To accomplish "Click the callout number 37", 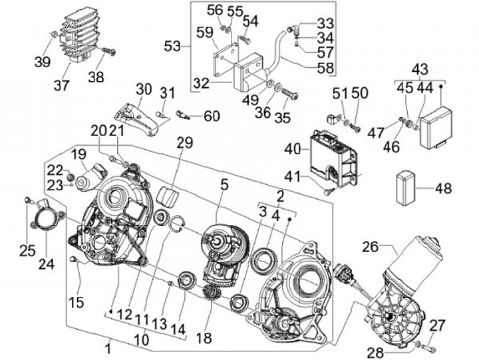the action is pyautogui.click(x=62, y=85).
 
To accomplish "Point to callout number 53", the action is pyautogui.click(x=172, y=47).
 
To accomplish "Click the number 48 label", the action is pyautogui.click(x=443, y=188).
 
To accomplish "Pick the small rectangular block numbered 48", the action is pyautogui.click(x=406, y=188).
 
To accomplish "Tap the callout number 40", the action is pyautogui.click(x=292, y=150).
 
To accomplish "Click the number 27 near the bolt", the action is pyautogui.click(x=437, y=325).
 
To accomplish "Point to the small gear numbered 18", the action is pyautogui.click(x=211, y=293).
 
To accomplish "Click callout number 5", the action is pyautogui.click(x=224, y=185).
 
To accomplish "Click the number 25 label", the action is pyautogui.click(x=27, y=252).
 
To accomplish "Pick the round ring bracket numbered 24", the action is pyautogui.click(x=48, y=218).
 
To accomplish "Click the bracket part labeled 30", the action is pyautogui.click(x=136, y=119).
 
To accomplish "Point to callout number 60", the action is pyautogui.click(x=212, y=116).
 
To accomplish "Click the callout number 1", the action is pyautogui.click(x=108, y=349).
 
